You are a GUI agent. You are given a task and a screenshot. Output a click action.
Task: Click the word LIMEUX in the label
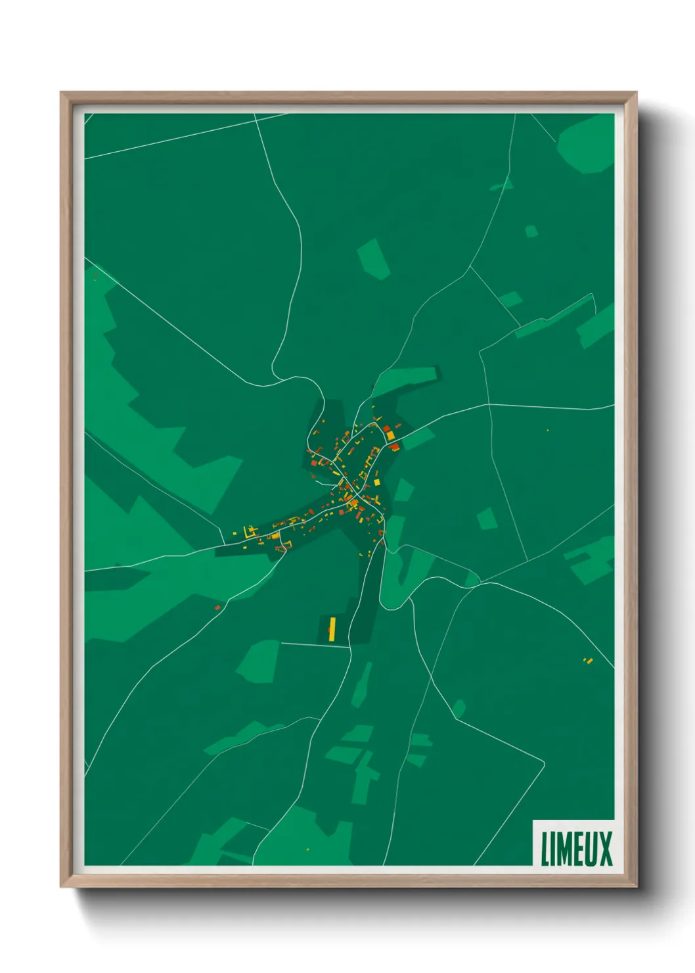[576, 848]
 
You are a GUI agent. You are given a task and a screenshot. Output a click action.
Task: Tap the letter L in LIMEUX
[545, 848]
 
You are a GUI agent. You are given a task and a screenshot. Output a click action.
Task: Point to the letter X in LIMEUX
[606, 848]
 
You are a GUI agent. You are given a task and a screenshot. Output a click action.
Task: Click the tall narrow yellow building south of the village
[332, 629]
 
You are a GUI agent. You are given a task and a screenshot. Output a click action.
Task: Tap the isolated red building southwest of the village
[217, 607]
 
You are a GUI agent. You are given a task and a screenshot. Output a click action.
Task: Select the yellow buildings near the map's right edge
[588, 660]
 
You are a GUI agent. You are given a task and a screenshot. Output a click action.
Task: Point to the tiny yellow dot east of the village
[547, 430]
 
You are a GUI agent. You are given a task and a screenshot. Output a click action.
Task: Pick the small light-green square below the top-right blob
[531, 231]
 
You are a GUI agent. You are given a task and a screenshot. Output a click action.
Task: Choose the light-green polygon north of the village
[374, 258]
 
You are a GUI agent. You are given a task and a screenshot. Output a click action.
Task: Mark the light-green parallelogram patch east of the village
[487, 519]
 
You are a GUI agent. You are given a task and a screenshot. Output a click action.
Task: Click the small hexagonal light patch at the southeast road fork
[459, 709]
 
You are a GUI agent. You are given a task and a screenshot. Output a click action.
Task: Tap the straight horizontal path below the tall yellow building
[314, 645]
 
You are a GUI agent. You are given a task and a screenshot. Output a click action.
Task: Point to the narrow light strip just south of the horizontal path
[361, 684]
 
